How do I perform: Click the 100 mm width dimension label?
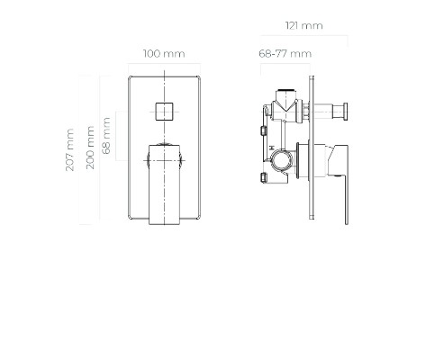pos(164,54)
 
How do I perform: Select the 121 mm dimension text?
pos(304,26)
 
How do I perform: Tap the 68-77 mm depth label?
pos(285,54)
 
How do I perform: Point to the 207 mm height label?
pos(69,149)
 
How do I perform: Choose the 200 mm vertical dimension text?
pos(90,148)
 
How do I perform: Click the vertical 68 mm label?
pos(106,136)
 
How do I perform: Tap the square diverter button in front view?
pos(164,112)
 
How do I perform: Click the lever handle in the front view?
pos(164,184)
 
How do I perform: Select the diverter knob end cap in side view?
pos(346,112)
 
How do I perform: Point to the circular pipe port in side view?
pos(282,160)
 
